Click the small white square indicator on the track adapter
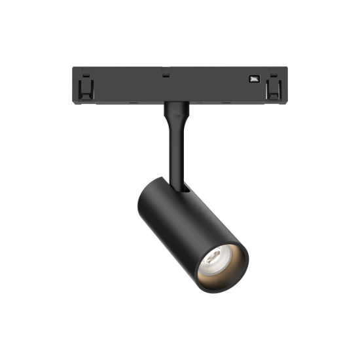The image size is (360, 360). pos(253,79)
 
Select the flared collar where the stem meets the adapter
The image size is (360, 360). pos(175,110)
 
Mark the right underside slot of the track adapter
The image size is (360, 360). pos(226,103)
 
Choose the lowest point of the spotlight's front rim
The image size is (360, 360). pos(220,289)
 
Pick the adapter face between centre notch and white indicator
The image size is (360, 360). pos(209,85)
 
